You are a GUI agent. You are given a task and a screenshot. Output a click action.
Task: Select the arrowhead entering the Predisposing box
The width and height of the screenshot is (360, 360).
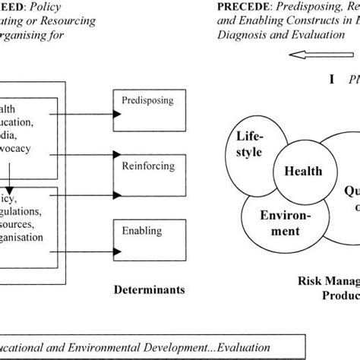point(114,113)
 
